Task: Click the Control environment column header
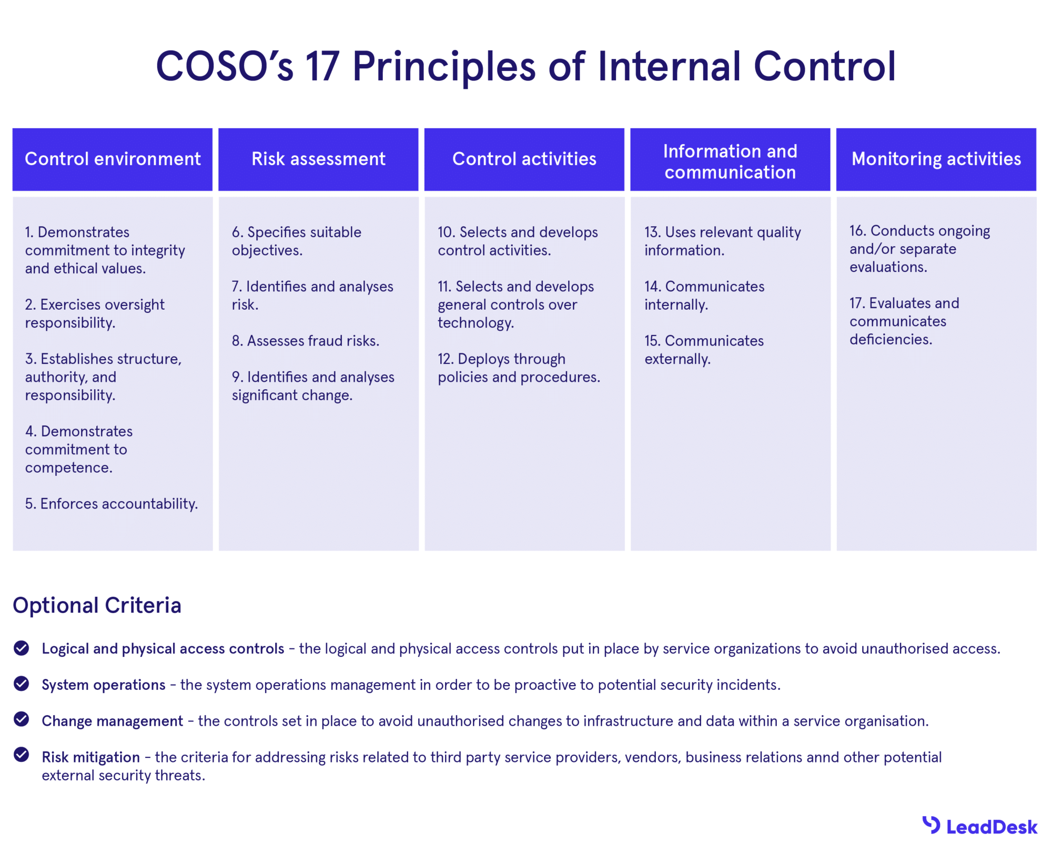pos(113,159)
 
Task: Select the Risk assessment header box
pos(318,159)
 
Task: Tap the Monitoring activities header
pos(936,159)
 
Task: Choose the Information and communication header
pos(730,161)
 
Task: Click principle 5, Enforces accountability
pos(112,504)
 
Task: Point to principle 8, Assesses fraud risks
pos(306,341)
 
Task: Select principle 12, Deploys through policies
pos(519,368)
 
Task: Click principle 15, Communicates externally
pos(704,350)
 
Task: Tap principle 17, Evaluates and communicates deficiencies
pos(904,321)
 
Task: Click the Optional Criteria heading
pos(97,605)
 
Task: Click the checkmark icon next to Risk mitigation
pos(22,755)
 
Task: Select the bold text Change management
pos(113,721)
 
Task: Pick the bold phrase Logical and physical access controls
pos(163,649)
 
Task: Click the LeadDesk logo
pos(979,827)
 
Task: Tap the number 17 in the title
pos(322,67)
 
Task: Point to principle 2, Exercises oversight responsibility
pos(95,313)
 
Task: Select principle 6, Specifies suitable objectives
pos(296,241)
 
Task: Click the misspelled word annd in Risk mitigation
pos(822,757)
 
